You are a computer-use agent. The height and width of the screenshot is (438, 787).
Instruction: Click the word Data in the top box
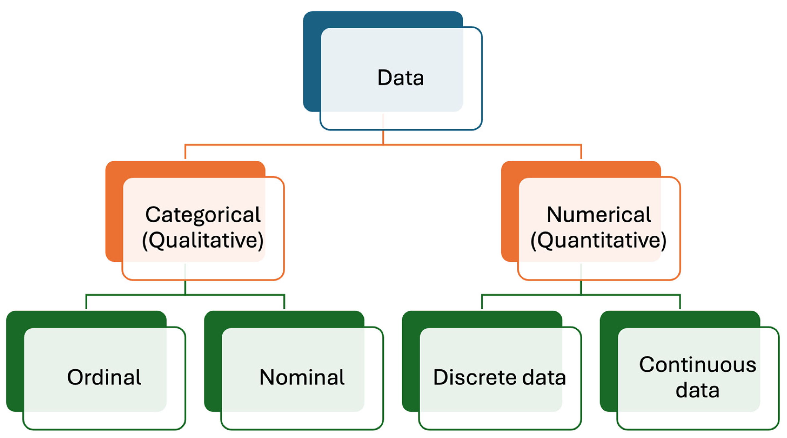[x=401, y=78]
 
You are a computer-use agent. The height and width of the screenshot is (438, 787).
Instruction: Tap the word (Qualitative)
[x=203, y=240]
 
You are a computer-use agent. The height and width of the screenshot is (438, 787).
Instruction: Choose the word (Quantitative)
[x=599, y=240]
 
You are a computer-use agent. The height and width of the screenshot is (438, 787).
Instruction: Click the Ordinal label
[x=104, y=377]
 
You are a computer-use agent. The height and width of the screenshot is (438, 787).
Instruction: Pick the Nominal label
[x=302, y=377]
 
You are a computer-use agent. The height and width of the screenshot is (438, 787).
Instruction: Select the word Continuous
[x=698, y=365]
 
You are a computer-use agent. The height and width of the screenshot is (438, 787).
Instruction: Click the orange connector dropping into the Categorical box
[x=185, y=152]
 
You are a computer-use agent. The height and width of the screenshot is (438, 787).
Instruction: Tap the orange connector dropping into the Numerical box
[x=581, y=152]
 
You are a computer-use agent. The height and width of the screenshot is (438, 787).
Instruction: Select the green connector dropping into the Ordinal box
[x=86, y=302]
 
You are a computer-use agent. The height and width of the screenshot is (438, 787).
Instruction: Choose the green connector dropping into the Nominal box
[x=284, y=302]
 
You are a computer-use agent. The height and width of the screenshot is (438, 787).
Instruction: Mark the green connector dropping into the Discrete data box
[x=482, y=302]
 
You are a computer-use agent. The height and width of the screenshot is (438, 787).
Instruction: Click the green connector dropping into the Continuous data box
[x=680, y=302]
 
